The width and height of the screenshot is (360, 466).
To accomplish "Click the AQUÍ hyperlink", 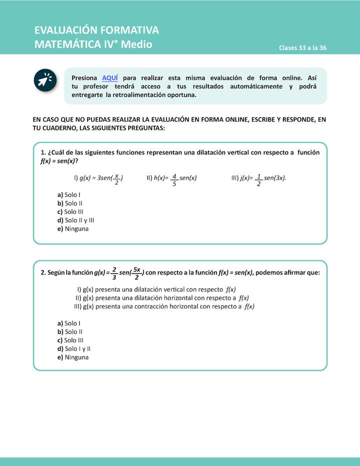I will [x=109, y=78].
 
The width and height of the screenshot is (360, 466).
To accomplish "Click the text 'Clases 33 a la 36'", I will [x=303, y=47].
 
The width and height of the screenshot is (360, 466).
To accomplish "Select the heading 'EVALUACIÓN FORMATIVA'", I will [x=96, y=30].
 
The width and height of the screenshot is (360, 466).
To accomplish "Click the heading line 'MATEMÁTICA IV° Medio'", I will [x=93, y=44].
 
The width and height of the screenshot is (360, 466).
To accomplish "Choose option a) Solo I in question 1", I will [x=69, y=194].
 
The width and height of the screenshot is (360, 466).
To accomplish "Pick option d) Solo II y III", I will [x=76, y=220].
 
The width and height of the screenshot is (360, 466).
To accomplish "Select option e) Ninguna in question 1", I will [x=73, y=228].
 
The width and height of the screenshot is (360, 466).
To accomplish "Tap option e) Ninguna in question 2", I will [x=73, y=357].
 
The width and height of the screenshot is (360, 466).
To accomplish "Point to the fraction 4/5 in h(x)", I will [x=174, y=180].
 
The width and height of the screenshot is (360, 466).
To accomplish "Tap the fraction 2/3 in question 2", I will [x=114, y=273].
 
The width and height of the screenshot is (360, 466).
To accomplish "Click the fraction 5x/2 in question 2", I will [x=136, y=273].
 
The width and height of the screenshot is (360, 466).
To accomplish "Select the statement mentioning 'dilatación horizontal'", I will [x=162, y=297].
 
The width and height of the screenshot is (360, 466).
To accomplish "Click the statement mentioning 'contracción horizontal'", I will [x=164, y=306].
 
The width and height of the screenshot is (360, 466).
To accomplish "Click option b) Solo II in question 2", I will [x=70, y=331].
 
